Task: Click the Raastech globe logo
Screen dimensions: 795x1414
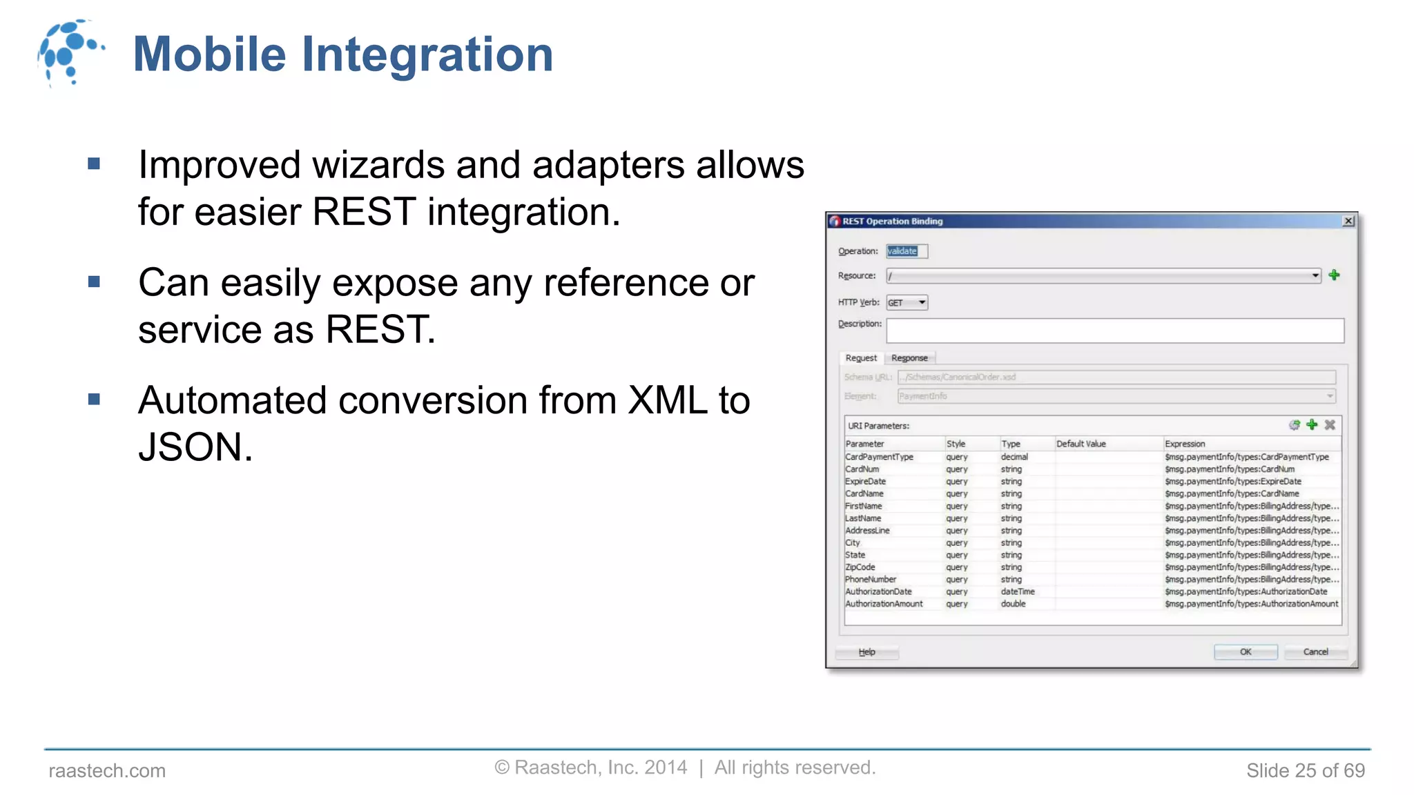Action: coord(69,52)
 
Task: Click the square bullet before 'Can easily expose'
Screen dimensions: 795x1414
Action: coord(95,282)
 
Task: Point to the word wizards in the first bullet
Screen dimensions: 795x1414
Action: coord(378,166)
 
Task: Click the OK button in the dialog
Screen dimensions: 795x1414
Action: coord(1245,651)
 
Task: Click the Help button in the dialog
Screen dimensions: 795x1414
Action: coord(866,651)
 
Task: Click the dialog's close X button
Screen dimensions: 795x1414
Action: coord(1348,221)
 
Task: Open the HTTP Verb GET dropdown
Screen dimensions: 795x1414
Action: coord(921,302)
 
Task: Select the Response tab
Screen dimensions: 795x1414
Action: coord(909,358)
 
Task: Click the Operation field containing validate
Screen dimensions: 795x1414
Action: coord(907,251)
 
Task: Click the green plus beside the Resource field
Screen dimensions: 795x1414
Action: coord(1334,275)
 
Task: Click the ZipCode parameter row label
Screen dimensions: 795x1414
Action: coord(860,567)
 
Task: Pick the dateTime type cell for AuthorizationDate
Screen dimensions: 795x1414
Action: coord(1018,591)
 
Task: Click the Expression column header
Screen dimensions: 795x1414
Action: coord(1185,444)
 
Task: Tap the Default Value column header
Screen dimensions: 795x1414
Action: coord(1081,444)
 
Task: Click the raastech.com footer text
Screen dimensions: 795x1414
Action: coord(107,770)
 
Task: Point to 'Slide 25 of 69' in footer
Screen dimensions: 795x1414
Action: coord(1305,770)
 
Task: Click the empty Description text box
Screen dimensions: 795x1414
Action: coord(1114,331)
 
